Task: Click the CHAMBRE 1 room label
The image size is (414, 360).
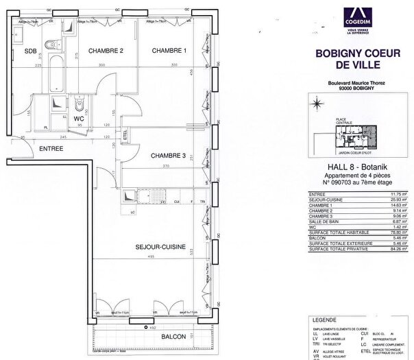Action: click(x=169, y=51)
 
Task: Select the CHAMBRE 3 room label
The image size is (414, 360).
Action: click(x=169, y=156)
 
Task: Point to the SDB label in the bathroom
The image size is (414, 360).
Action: click(x=31, y=51)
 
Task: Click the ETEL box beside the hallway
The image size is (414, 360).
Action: click(x=126, y=135)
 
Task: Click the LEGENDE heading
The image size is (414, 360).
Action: click(x=324, y=320)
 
